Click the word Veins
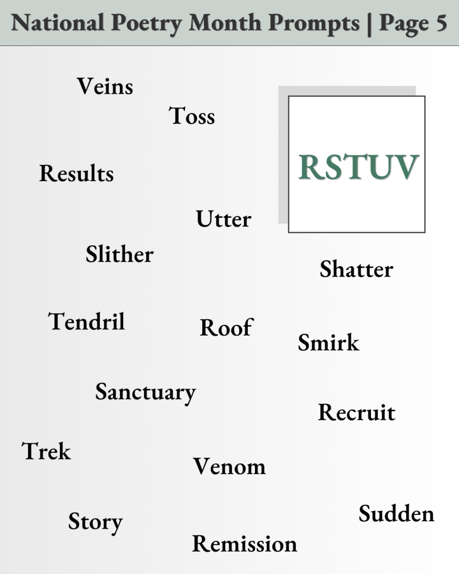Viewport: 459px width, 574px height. (105, 86)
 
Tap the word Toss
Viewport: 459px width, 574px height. (192, 116)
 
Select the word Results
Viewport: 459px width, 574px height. (76, 173)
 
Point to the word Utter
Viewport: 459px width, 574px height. (223, 219)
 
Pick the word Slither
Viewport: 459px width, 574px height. (119, 254)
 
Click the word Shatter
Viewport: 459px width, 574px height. (356, 269)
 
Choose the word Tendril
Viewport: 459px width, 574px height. (86, 322)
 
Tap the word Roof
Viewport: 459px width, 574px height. (226, 327)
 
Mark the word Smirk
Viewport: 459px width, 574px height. (328, 342)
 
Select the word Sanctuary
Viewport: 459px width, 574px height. (145, 392)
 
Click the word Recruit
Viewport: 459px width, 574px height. (356, 412)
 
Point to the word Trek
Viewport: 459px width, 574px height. (47, 451)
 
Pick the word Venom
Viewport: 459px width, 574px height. (229, 466)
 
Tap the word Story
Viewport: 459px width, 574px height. (95, 522)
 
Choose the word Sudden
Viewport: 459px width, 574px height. (396, 513)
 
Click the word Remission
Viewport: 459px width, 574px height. (244, 544)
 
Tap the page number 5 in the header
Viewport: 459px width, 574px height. (440, 23)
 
